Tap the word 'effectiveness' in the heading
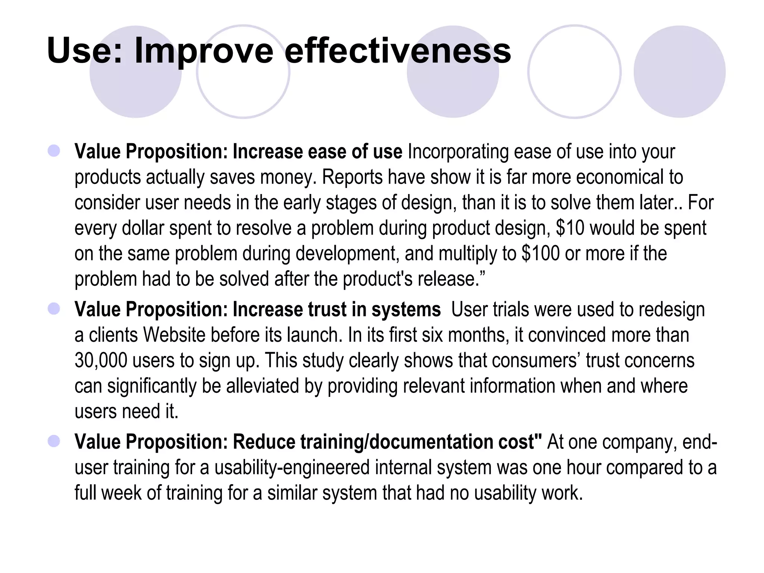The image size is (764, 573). pos(398,51)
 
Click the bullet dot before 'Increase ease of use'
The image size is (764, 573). pos(54,151)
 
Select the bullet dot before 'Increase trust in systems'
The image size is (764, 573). pos(54,309)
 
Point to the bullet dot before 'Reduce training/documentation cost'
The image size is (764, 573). pos(54,441)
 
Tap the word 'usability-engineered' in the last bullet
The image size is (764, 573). pos(292,467)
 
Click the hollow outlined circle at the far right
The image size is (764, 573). pos(574,72)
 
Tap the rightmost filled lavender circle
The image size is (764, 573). pos(679,72)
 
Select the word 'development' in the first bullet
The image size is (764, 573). pos(345,253)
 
